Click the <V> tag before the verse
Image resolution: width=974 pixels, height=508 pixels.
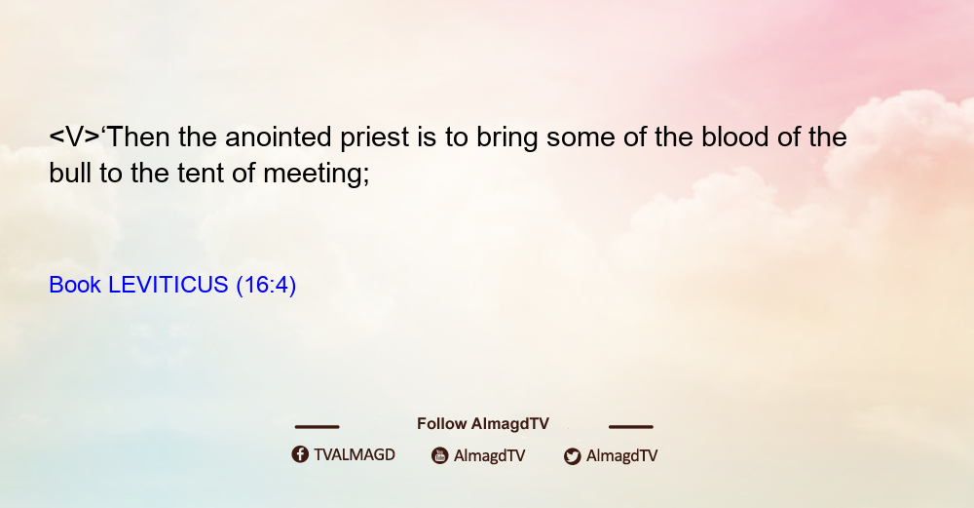[74, 137]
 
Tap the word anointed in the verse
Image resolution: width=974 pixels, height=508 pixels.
[278, 137]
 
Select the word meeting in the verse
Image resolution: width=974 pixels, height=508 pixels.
[317, 175]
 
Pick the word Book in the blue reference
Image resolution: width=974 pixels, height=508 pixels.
[75, 285]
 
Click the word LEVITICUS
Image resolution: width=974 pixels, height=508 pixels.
[169, 285]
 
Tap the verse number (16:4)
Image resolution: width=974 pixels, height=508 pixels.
[266, 286]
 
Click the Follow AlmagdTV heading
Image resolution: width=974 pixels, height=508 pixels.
[483, 424]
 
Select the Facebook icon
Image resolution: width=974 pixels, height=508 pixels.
[300, 454]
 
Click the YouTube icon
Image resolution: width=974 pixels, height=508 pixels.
[440, 455]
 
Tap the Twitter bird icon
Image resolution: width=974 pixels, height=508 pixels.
[573, 456]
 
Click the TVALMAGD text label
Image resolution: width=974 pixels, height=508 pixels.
[355, 455]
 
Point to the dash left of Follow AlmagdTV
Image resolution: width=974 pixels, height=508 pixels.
[317, 426]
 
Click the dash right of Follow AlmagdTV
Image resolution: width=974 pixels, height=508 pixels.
[631, 426]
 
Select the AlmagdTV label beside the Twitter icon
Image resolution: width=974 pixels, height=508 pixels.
[621, 456]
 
